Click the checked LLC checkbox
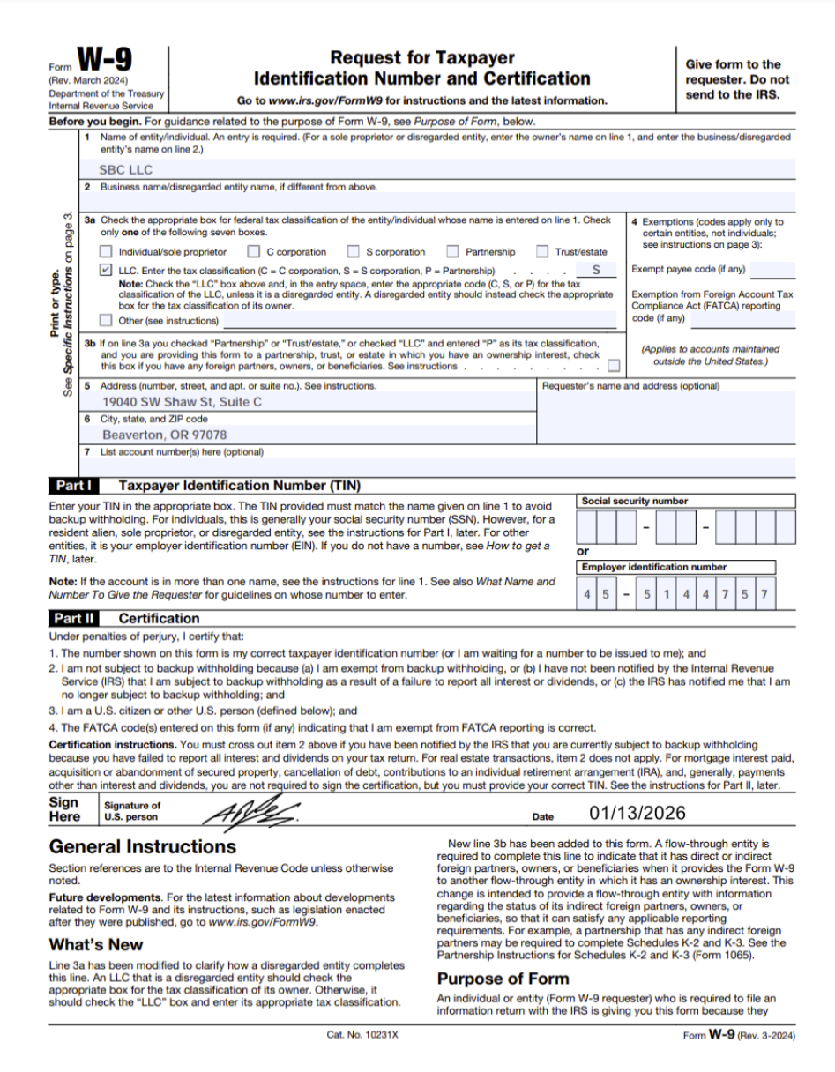[x=106, y=271]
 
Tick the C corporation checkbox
[x=254, y=252]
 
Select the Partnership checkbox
[x=453, y=252]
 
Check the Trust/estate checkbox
[x=542, y=252]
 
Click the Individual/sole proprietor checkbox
[x=106, y=252]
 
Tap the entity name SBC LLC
[x=125, y=169]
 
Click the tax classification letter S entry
[x=596, y=270]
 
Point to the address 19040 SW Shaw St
[x=182, y=402]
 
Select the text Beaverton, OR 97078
[x=164, y=435]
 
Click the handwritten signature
[x=252, y=810]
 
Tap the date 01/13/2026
[x=637, y=814]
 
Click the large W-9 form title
[x=105, y=62]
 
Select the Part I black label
[x=74, y=486]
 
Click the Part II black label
[x=74, y=618]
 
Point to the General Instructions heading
[x=143, y=846]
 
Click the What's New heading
[x=96, y=944]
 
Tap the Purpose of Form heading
[x=503, y=979]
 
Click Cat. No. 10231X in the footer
[x=362, y=1034]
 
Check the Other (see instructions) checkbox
[x=106, y=320]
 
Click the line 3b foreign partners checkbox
[x=614, y=366]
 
